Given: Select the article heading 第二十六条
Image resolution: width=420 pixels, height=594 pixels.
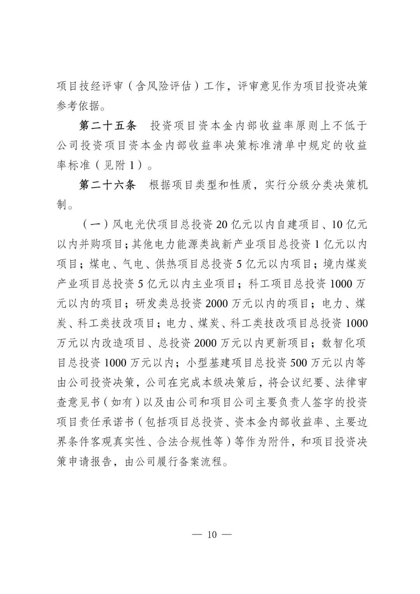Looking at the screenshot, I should (x=107, y=185).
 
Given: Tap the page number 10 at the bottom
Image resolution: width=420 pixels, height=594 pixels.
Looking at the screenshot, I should (x=212, y=534).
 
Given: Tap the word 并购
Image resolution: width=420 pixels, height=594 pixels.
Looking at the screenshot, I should (x=92, y=244).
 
